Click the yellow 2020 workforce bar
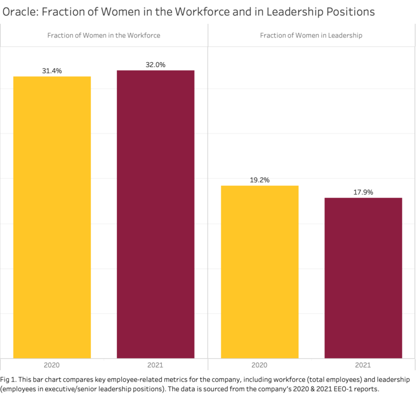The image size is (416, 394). coord(52,218)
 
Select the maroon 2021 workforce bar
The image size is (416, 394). coord(155,214)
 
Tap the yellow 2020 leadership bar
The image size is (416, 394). coord(259,272)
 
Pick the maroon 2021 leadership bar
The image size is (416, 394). coord(363,278)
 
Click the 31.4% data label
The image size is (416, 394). coord(52,71)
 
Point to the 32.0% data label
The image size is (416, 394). coord(155,65)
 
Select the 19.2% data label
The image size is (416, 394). coord(259,180)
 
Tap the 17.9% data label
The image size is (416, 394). coord(363,192)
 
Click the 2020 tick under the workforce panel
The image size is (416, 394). coord(51,365)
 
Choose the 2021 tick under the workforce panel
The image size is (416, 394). coord(155,365)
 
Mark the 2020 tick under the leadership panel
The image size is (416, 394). coord(259,365)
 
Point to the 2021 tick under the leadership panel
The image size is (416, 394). coord(363,365)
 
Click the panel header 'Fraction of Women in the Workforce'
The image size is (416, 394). coord(103,35)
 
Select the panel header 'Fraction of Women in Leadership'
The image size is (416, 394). coord(311,35)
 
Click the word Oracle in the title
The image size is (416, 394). coord(20,11)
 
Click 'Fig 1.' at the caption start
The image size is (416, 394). coord(8,379)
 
